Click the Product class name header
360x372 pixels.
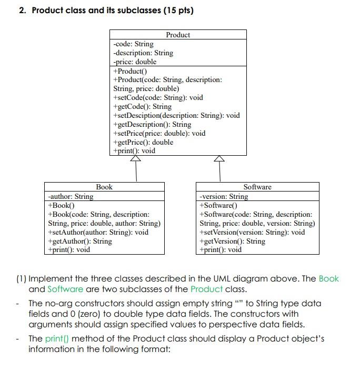tap(178, 35)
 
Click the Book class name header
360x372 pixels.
tap(104, 187)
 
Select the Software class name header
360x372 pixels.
tap(257, 187)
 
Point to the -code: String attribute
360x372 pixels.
tap(134, 44)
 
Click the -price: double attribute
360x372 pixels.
tap(135, 62)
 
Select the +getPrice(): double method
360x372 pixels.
tap(143, 142)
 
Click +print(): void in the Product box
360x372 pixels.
tap(134, 150)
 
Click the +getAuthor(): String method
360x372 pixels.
tap(79, 241)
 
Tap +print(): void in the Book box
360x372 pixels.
tap(69, 249)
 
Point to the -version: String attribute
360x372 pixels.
tap(224, 196)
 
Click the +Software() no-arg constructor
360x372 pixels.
tap(218, 205)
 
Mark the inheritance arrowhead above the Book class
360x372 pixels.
tap(135, 158)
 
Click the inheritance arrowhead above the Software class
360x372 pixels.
tap(219, 158)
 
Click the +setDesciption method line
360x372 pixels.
tap(176, 115)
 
